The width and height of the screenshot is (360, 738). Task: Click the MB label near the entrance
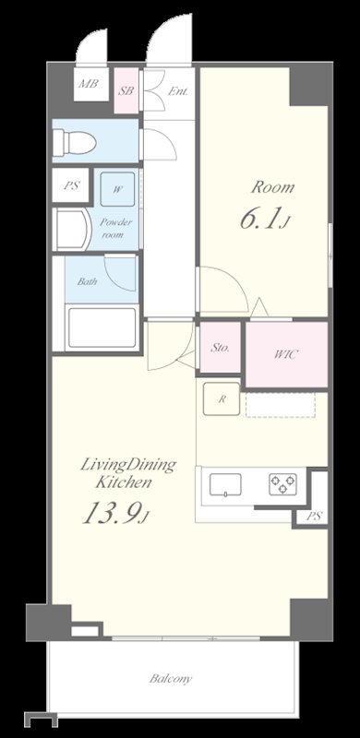click(88, 84)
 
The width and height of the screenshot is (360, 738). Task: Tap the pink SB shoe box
click(126, 90)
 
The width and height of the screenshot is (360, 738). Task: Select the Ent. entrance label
click(177, 91)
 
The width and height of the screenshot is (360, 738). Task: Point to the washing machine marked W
click(118, 189)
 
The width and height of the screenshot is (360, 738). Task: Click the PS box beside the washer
click(72, 186)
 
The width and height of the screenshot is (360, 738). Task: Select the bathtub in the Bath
click(102, 327)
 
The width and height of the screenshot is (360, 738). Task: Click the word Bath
click(87, 282)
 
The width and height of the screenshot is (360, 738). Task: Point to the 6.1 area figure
click(263, 220)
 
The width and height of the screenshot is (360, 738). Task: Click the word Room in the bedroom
click(272, 187)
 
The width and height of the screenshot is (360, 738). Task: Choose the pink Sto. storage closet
click(220, 348)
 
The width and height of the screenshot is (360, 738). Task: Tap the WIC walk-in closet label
click(286, 355)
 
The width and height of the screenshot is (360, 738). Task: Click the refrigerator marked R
click(222, 399)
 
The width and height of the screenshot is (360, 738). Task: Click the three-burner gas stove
click(282, 484)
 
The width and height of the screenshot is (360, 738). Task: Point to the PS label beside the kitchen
click(315, 517)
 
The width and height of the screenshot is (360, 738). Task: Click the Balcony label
click(171, 679)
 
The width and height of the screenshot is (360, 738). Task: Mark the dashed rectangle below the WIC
click(281, 406)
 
